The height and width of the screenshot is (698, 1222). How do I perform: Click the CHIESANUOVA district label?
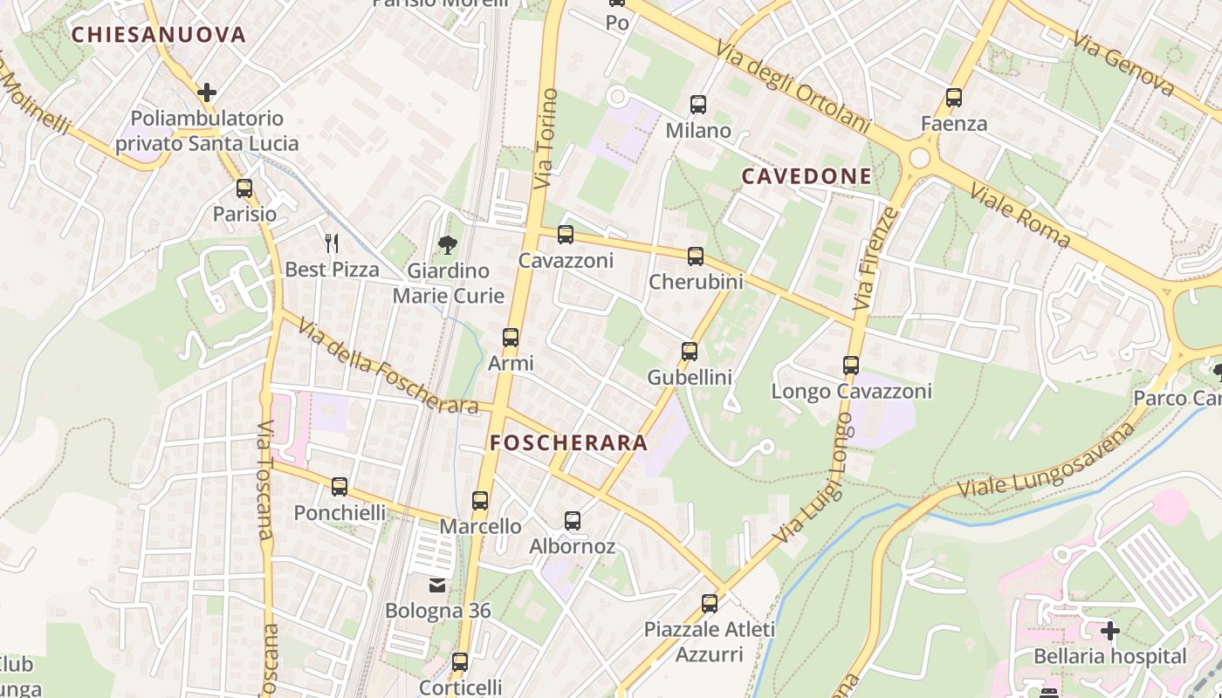(x=159, y=35)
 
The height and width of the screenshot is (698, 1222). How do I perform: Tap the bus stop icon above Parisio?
(x=244, y=188)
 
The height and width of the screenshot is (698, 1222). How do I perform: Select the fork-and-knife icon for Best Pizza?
(x=332, y=243)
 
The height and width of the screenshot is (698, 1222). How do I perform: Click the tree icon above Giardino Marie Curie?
(x=448, y=244)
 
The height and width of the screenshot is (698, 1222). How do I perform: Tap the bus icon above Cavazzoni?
(x=566, y=235)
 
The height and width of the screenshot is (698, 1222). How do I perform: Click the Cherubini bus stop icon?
(x=696, y=257)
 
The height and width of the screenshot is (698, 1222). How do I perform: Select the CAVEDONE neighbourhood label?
(x=807, y=176)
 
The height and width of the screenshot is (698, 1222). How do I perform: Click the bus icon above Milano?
(x=698, y=106)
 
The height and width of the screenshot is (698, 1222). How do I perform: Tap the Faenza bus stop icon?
(x=954, y=98)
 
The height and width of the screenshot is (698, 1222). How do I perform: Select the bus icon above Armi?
(x=511, y=338)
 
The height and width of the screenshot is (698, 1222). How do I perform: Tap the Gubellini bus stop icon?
(x=690, y=352)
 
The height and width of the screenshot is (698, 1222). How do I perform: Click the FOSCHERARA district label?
(x=569, y=442)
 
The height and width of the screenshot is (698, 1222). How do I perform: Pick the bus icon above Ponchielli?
(x=340, y=487)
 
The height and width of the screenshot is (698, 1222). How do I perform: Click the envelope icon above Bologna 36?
(x=437, y=585)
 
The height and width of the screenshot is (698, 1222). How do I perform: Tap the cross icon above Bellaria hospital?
(x=1110, y=630)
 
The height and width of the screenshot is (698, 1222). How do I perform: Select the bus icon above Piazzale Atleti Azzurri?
(x=710, y=603)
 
